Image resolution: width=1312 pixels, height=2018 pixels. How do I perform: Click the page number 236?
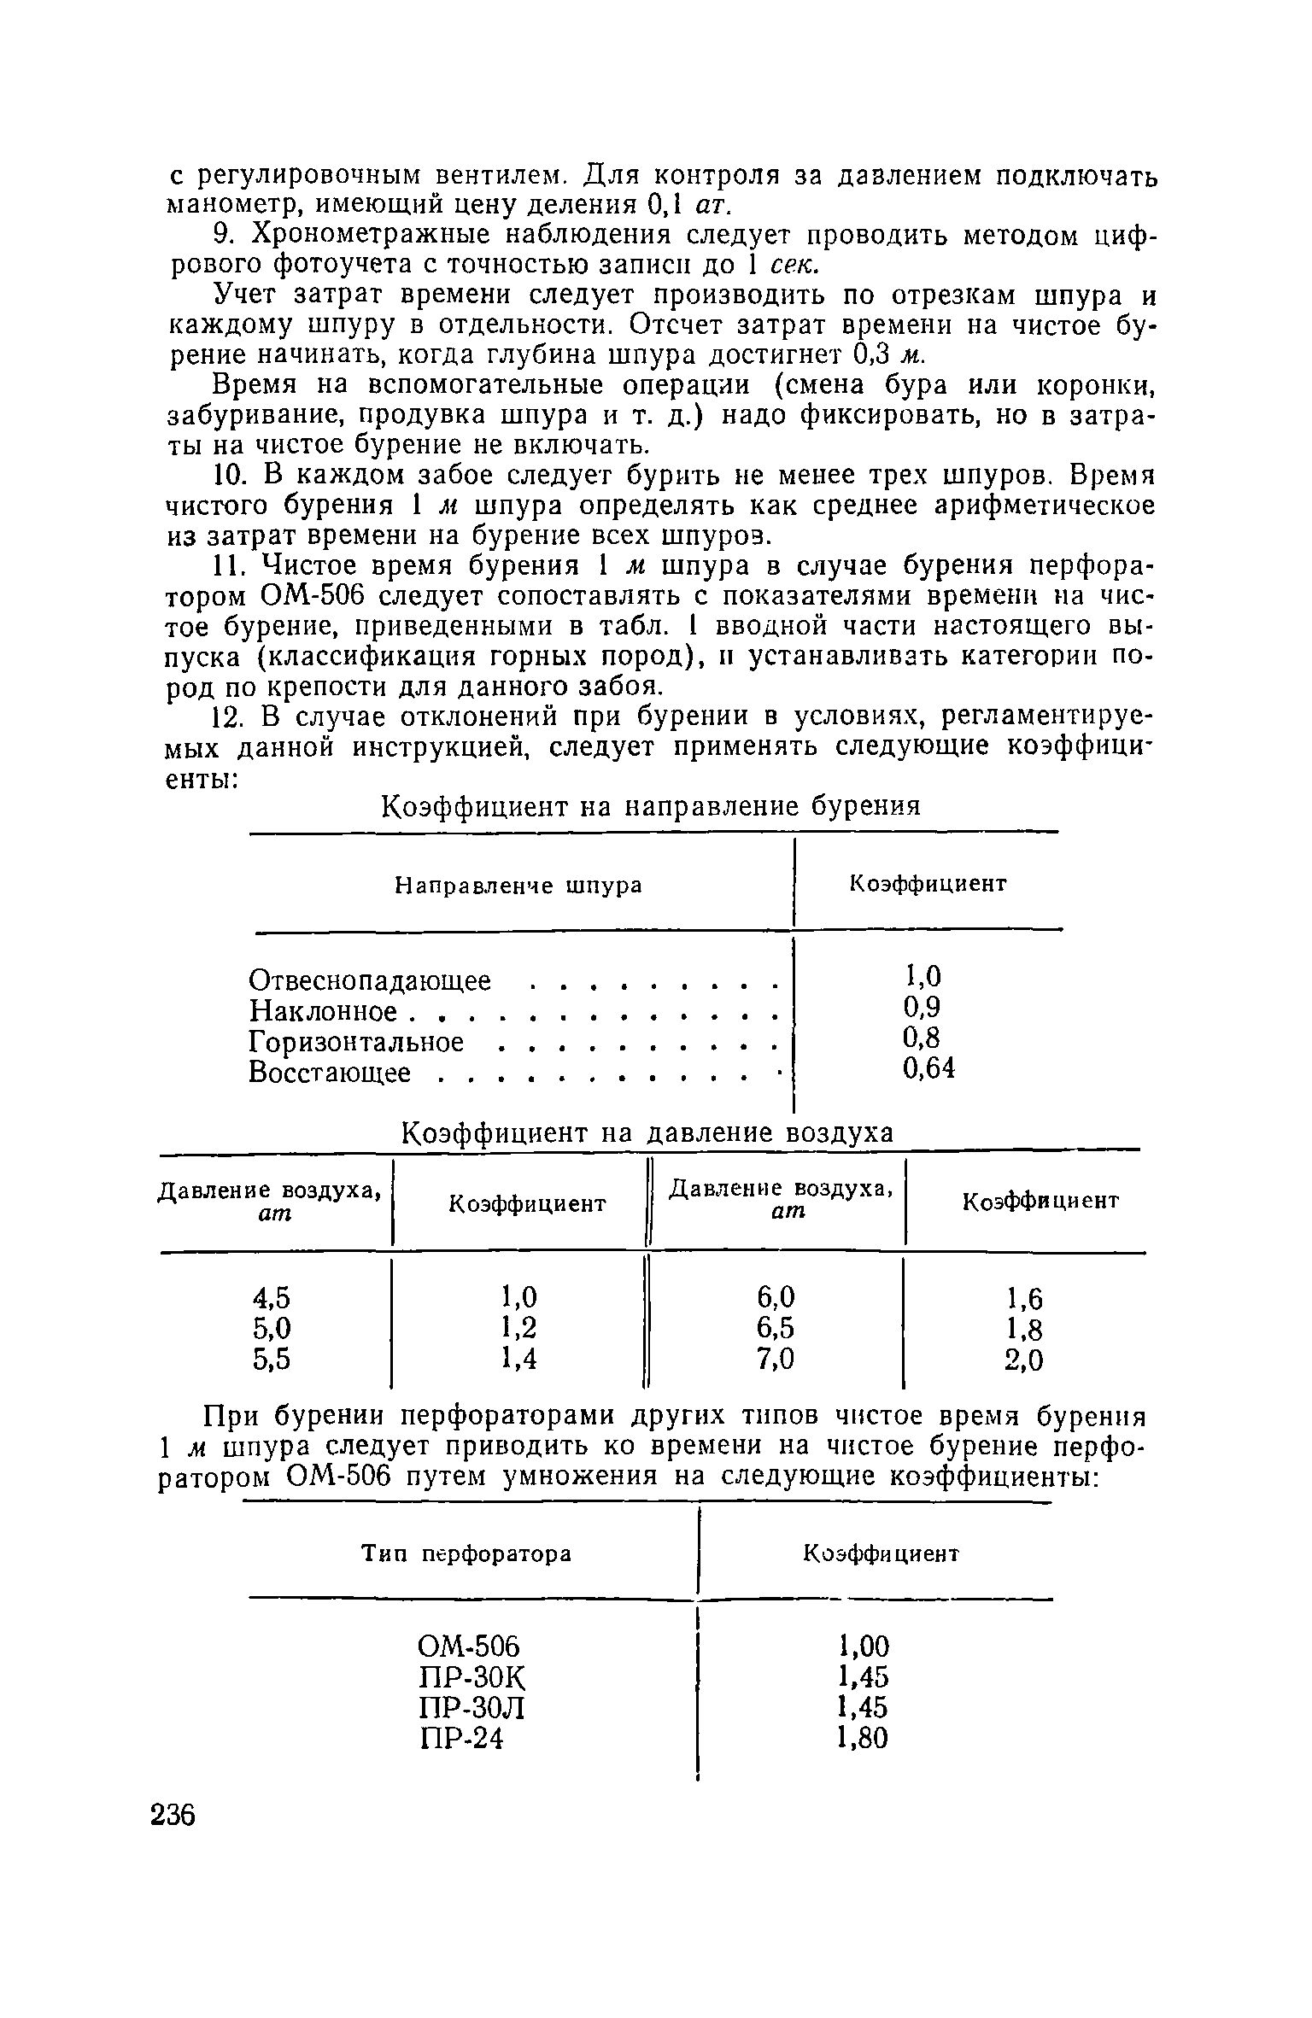pos(173,1815)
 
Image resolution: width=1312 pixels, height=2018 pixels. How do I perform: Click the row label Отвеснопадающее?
pos(370,980)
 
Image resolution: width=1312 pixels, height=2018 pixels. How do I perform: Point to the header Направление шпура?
pos(518,886)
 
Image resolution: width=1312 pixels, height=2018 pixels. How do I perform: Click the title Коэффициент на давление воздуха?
pos(647,1132)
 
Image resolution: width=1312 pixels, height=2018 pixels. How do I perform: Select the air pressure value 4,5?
pos(272,1298)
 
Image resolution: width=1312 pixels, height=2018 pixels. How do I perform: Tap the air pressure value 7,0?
pos(776,1358)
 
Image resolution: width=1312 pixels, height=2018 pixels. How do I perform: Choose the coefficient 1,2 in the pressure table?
pos(519,1328)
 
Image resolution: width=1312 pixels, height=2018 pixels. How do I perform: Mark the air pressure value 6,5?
pos(776,1328)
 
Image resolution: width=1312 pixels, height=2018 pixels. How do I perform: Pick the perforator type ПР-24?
pos(462,1738)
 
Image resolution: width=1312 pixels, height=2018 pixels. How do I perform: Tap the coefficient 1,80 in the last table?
pos(864,1737)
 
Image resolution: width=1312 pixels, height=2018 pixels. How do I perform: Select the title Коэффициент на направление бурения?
pos(650,806)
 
